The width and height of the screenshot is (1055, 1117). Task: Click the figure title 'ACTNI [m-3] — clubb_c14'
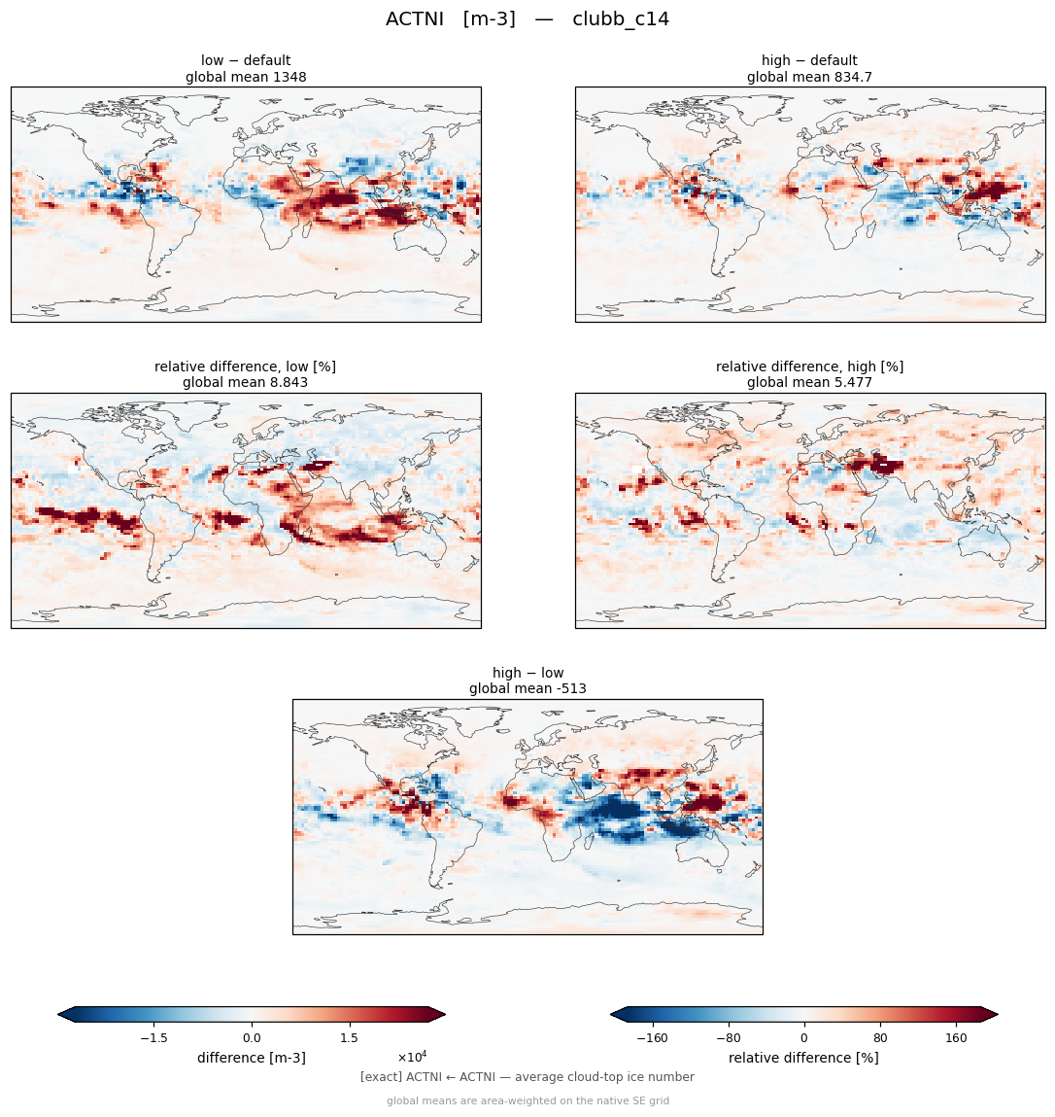pyautogui.click(x=527, y=19)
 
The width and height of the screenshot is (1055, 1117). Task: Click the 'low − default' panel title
pyautogui.click(x=246, y=60)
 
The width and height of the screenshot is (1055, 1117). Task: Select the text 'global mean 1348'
pyautogui.click(x=246, y=77)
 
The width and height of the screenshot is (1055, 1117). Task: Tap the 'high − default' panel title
pyautogui.click(x=809, y=60)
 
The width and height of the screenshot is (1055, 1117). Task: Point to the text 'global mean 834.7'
pyautogui.click(x=809, y=77)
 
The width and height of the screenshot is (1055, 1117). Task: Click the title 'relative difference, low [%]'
pyautogui.click(x=245, y=367)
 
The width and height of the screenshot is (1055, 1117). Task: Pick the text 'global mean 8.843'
pyautogui.click(x=245, y=383)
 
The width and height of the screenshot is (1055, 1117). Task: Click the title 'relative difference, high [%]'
pyautogui.click(x=809, y=367)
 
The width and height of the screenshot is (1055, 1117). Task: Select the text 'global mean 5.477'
pyautogui.click(x=809, y=383)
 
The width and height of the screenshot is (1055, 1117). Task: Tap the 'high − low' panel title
pyautogui.click(x=527, y=673)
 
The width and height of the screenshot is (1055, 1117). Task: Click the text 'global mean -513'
pyautogui.click(x=527, y=689)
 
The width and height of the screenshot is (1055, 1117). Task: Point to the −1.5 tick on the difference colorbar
pyautogui.click(x=153, y=1038)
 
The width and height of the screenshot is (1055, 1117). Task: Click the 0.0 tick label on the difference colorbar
pyautogui.click(x=252, y=1038)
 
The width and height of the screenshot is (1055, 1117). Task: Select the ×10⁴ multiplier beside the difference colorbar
pyautogui.click(x=412, y=1056)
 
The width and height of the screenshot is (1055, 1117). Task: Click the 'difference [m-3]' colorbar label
pyautogui.click(x=252, y=1058)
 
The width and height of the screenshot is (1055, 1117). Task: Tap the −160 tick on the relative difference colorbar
pyautogui.click(x=652, y=1038)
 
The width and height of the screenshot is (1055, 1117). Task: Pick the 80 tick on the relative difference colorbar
pyautogui.click(x=880, y=1038)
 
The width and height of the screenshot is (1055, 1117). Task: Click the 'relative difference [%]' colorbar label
pyautogui.click(x=803, y=1058)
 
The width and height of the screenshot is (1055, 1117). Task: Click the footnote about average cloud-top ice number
pyautogui.click(x=527, y=1077)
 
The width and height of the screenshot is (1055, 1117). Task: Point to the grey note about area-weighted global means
pyautogui.click(x=527, y=1100)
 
